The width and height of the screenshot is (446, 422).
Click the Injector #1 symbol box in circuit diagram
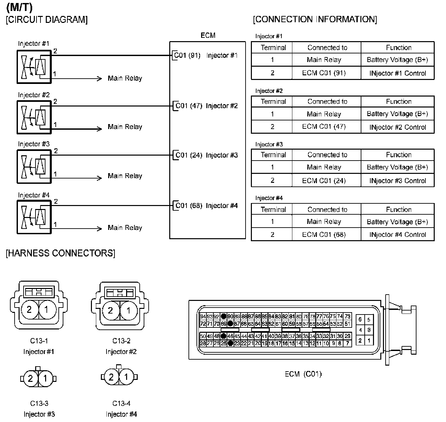pos(34,67)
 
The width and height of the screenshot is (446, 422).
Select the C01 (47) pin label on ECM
pos(188,106)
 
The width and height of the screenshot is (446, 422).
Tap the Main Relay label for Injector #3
pos(125,176)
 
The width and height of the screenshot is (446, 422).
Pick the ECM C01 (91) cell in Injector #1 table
pos(324,73)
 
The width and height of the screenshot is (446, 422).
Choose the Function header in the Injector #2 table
pos(398,102)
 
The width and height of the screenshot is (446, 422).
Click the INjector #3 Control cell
pos(398,181)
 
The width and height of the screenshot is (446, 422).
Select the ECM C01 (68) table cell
pos(324,235)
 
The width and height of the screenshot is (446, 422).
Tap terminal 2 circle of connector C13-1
pos(29,310)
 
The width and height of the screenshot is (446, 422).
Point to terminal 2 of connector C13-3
pos(31,379)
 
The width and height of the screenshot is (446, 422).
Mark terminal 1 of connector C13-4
pos(126,377)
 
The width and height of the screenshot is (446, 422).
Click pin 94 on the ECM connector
pos(203,316)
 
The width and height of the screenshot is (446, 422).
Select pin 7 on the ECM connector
pos(347,343)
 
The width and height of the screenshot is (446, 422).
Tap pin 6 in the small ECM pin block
pos(360,319)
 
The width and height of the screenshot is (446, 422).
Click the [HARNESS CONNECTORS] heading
pos(60,253)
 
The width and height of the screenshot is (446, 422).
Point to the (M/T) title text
pos(19,7)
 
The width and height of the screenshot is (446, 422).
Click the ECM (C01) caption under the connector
pos(303,374)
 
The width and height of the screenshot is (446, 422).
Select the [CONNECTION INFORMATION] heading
pos(315,19)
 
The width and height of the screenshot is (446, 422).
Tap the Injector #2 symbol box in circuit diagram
pos(34,117)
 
